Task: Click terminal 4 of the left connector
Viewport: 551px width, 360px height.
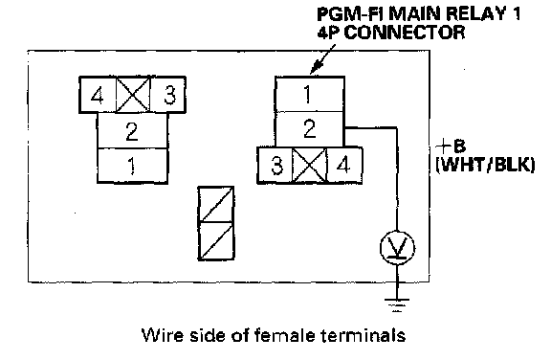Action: tap(98, 95)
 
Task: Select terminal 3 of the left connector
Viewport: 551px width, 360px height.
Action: tap(168, 95)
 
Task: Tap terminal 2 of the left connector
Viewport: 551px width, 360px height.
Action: tap(132, 131)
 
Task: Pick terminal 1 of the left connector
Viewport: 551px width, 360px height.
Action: tap(132, 166)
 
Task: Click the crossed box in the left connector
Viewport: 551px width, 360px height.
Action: tap(133, 95)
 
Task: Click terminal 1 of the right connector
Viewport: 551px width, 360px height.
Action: tap(309, 94)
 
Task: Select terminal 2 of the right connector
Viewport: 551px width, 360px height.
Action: tap(309, 129)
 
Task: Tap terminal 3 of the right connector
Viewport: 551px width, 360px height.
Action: tap(275, 166)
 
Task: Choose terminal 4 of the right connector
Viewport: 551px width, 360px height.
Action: tap(344, 166)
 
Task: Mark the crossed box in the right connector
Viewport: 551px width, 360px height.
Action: tap(310, 166)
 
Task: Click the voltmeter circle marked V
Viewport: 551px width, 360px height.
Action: tap(397, 247)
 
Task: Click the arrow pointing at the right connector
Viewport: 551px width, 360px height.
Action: tap(322, 59)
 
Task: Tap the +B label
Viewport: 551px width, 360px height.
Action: tap(451, 146)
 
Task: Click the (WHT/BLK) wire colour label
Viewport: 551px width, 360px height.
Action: tap(486, 164)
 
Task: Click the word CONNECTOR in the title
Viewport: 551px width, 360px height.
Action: tap(404, 33)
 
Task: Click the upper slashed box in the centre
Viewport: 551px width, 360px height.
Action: tap(216, 204)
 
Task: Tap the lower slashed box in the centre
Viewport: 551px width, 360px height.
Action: tap(216, 241)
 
